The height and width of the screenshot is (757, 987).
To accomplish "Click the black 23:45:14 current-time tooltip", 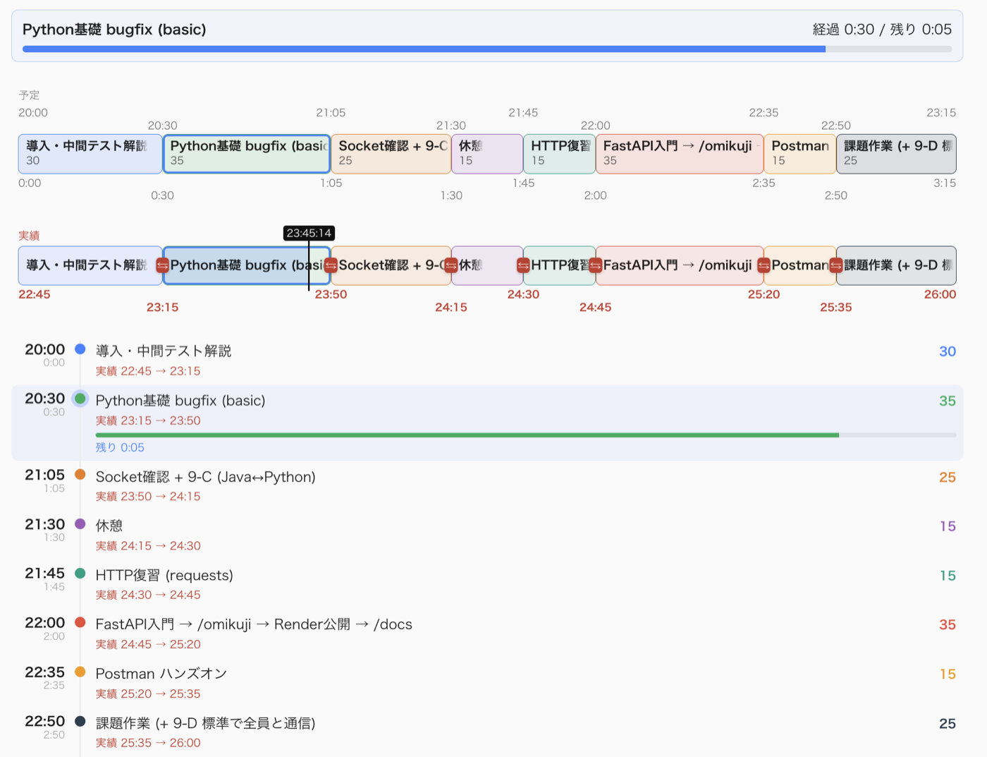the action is coord(309,233).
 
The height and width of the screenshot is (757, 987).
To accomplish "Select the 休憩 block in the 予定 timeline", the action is coord(487,154).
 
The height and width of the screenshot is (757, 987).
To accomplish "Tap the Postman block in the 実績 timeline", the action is coord(800,265).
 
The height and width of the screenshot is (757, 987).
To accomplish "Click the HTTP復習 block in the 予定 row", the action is coord(559,154).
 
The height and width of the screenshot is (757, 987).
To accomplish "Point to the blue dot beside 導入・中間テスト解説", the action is coord(80,349).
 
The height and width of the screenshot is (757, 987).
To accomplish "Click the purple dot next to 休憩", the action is coord(80,524).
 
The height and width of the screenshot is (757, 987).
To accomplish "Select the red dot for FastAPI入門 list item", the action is coord(80,622).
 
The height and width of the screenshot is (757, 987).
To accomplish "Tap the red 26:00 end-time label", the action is coord(940,294).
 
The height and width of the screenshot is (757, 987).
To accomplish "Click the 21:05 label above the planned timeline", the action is coord(331,113).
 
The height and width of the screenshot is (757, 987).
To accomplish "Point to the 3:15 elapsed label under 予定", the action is coord(944,183).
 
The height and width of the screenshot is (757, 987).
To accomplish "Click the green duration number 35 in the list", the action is coord(947,401).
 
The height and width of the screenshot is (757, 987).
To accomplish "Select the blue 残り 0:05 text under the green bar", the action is coord(120,447).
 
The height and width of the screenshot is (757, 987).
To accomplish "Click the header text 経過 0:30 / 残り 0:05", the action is coord(882,30).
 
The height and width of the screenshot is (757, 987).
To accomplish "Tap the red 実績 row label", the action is coord(29,236).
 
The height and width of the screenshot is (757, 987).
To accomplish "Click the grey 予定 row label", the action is coord(29,95).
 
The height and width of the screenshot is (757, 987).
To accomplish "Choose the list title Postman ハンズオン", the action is coord(161,673).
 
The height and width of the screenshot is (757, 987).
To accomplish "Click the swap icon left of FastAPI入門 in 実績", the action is coord(595,265).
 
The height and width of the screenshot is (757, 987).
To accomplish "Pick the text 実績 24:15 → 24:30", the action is coord(148,546).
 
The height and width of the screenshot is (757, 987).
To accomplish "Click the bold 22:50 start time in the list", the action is coord(44,721).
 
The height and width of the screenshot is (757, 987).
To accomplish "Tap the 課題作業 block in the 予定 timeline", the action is coord(896,154).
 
